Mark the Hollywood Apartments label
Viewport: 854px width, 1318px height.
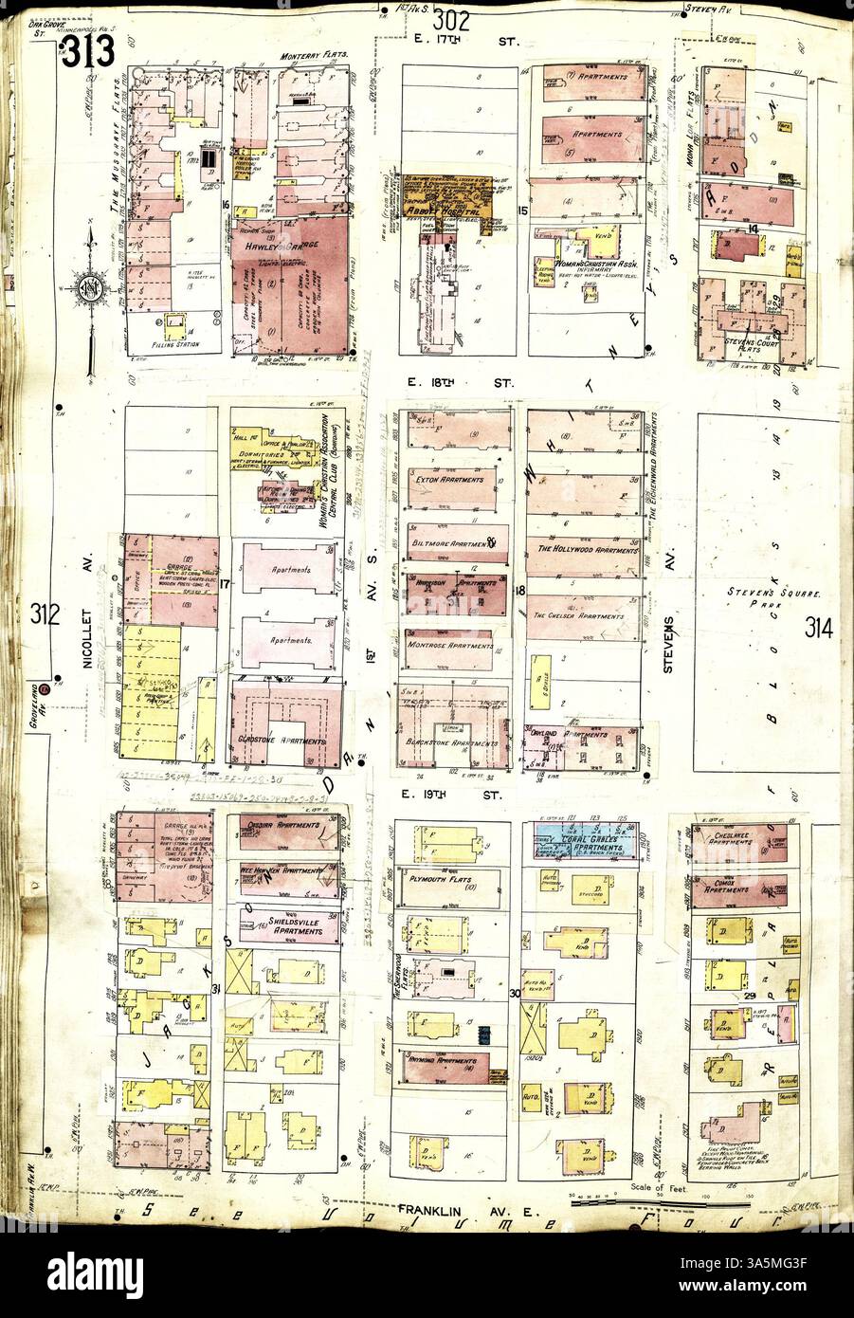pyautogui.click(x=586, y=549)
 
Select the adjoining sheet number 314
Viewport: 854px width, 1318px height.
pyautogui.click(x=819, y=627)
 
